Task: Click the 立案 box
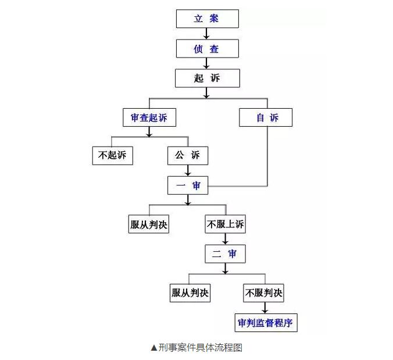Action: pyautogui.click(x=208, y=19)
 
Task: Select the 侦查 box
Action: pyautogui.click(x=208, y=49)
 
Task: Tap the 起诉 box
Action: pyautogui.click(x=208, y=78)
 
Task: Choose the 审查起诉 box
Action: pyautogui.click(x=149, y=117)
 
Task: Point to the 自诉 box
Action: pyautogui.click(x=266, y=117)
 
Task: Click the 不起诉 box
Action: pyautogui.click(x=113, y=156)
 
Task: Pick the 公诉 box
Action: pyautogui.click(x=188, y=156)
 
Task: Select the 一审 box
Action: pyautogui.click(x=188, y=186)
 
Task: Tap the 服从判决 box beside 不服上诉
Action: pyautogui.click(x=149, y=224)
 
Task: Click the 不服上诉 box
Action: pyautogui.click(x=225, y=224)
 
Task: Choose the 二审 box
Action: pyautogui.click(x=225, y=254)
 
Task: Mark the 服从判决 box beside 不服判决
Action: pyautogui.click(x=190, y=293)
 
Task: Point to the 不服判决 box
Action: pyautogui.click(x=263, y=293)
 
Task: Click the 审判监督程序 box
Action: pyautogui.click(x=266, y=323)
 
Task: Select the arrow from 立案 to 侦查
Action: pyautogui.click(x=206, y=34)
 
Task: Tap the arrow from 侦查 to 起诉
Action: pyautogui.click(x=206, y=63)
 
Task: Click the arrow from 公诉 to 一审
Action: pyautogui.click(x=188, y=170)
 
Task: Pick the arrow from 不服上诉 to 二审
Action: pyautogui.click(x=225, y=239)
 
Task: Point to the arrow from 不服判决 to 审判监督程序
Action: pyautogui.click(x=265, y=308)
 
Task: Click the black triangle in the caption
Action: pyautogui.click(x=154, y=348)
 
